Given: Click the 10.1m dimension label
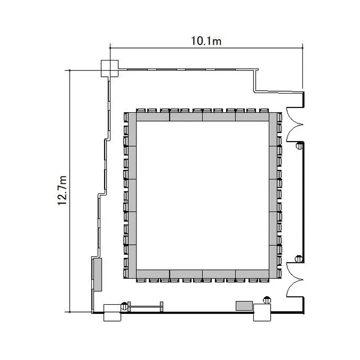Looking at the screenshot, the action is tap(206, 41).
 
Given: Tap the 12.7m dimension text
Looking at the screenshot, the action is tap(62, 191).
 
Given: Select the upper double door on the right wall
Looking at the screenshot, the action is tap(295, 124).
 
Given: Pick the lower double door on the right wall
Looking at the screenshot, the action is tap(295, 280).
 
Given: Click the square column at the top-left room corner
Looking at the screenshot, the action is tap(110, 69).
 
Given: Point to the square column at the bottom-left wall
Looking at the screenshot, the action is tap(112, 312).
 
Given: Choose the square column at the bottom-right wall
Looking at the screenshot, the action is tap(262, 312).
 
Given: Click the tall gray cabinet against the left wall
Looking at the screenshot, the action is tap(97, 275).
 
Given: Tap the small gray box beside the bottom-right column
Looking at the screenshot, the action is tap(244, 306).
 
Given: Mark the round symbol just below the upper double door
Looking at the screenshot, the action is tap(300, 145).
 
